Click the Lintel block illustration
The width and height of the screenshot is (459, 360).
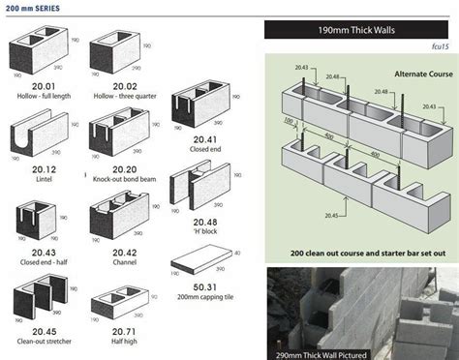tap(37, 129)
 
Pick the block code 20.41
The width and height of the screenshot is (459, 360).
tap(198, 140)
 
